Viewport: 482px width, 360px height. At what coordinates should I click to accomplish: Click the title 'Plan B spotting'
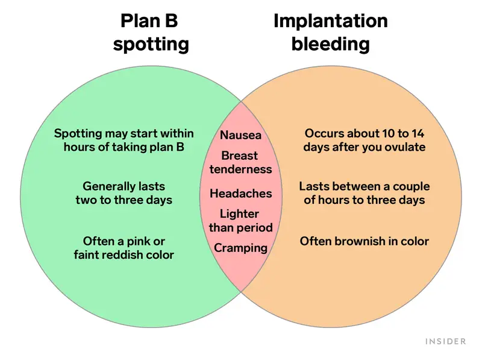point(151,32)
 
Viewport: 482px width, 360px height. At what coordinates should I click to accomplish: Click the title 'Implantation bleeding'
point(331,32)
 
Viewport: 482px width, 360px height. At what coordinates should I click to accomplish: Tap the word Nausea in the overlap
point(241,135)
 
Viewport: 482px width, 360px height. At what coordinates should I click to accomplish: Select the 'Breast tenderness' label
point(241,163)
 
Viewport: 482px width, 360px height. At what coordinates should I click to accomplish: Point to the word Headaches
point(241,194)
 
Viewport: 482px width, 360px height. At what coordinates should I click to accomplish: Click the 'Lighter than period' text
point(241,221)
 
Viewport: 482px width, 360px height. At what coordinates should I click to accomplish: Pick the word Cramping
point(241,247)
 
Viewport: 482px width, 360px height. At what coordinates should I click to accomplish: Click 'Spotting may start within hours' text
point(124,141)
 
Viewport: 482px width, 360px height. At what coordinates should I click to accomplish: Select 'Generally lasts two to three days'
point(124,193)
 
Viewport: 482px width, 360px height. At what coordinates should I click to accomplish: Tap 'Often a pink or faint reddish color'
point(124,248)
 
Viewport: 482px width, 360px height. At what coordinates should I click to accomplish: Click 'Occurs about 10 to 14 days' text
point(365,141)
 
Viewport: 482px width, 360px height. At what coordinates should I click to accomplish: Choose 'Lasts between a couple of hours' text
point(365,193)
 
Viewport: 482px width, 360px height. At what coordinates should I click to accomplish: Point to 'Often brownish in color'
point(365,241)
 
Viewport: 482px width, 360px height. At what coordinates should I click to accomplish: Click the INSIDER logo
point(446,341)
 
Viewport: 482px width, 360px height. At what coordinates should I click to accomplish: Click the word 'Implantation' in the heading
point(331,21)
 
